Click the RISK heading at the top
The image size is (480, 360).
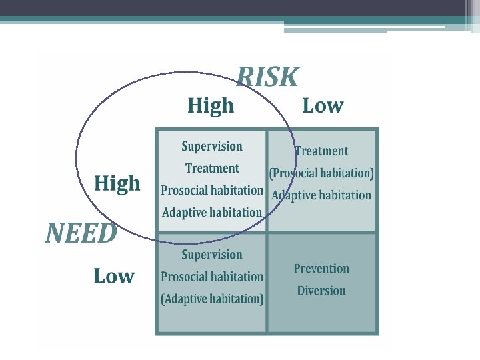(x=268, y=77)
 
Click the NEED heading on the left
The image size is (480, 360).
(x=81, y=233)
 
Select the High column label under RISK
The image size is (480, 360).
(x=211, y=105)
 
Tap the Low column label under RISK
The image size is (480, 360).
(x=323, y=105)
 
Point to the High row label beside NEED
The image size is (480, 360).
(x=117, y=183)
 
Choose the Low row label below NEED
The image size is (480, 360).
(x=113, y=275)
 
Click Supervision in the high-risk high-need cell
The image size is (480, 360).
(x=212, y=147)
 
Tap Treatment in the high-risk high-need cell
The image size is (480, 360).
(x=212, y=168)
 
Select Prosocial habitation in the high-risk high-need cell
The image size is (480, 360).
(x=212, y=190)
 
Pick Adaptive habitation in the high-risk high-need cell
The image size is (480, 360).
(x=212, y=213)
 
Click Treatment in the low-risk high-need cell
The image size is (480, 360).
(x=321, y=151)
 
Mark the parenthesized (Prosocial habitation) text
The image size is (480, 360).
(x=321, y=173)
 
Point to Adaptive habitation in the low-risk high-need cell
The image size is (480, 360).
(x=321, y=195)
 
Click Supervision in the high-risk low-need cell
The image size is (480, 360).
(x=212, y=255)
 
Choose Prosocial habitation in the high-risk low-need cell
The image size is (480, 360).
(x=212, y=277)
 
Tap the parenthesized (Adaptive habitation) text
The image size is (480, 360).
(x=212, y=299)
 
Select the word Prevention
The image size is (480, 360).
(x=321, y=269)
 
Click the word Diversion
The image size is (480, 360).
(x=321, y=291)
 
